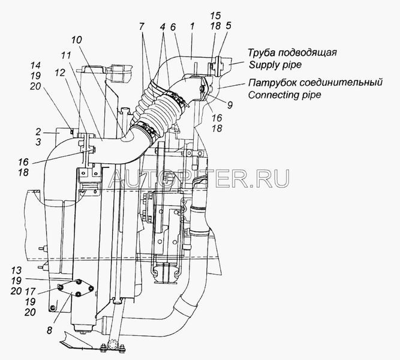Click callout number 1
click(191, 28)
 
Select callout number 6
click(172, 28)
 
